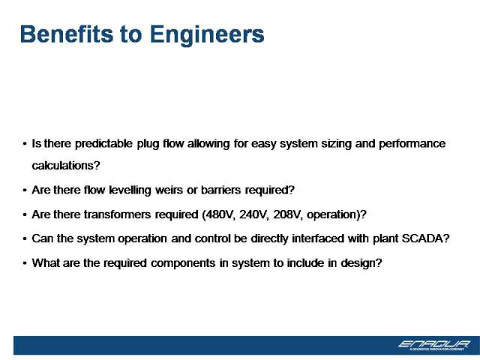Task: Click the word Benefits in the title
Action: [67, 34]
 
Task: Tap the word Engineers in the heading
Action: [207, 35]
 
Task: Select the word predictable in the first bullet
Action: [103, 144]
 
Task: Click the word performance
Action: [412, 144]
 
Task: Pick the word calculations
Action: [66, 166]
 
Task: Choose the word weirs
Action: [169, 190]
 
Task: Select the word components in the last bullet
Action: [183, 263]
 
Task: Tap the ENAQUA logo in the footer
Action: [434, 345]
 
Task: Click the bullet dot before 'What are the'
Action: [25, 263]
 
